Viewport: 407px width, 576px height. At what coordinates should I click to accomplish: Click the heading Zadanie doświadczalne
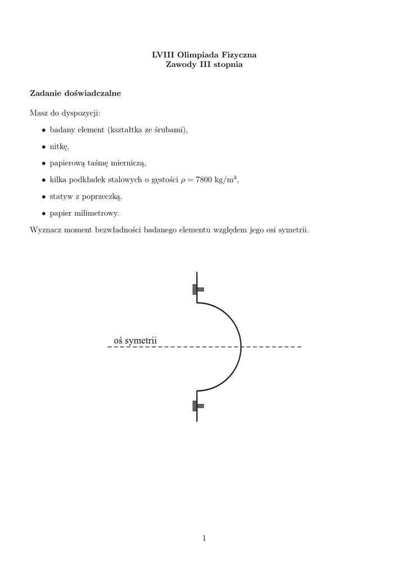[x=75, y=93]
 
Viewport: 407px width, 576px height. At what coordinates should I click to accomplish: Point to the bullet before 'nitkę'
[x=44, y=147]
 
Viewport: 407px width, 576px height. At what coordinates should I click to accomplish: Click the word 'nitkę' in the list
[x=59, y=147]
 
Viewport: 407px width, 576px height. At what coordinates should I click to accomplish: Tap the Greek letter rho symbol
[x=183, y=181]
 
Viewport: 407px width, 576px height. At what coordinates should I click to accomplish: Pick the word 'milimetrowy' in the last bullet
[x=97, y=214]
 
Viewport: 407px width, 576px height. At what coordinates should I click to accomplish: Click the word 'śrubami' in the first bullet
[x=171, y=130]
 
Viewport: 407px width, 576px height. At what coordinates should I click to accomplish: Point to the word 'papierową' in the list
[x=67, y=164]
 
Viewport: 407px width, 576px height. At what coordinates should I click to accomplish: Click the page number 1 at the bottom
[x=204, y=538]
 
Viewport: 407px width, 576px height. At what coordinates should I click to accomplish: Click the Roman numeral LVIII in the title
[x=163, y=55]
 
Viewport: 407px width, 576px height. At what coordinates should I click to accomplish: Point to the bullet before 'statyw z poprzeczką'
[x=44, y=197]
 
